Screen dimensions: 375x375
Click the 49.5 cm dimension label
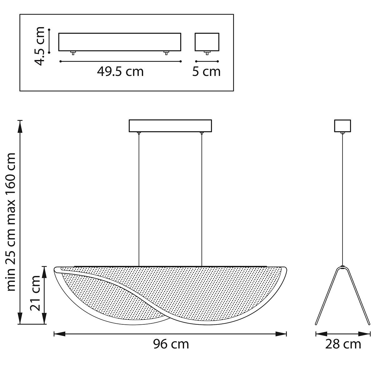[x=120, y=72]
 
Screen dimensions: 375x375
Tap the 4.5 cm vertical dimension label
[x=39, y=46]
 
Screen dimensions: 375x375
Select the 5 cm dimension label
[x=206, y=72]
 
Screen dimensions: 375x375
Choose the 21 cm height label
[x=35, y=293]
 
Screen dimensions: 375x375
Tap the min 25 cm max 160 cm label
[x=11, y=222]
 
